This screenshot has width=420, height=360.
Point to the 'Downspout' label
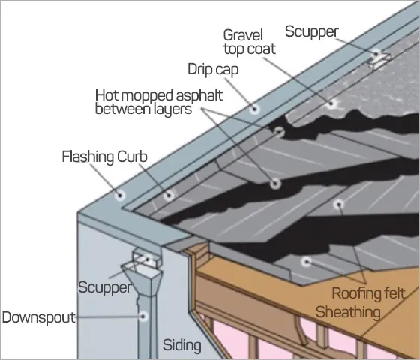(x=38, y=317)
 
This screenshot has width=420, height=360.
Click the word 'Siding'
(x=182, y=346)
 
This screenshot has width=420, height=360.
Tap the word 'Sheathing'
(x=346, y=310)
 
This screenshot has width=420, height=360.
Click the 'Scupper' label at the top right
(x=311, y=31)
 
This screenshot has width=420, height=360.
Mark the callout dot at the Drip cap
(x=255, y=109)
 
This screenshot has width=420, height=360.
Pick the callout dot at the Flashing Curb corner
(x=121, y=197)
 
